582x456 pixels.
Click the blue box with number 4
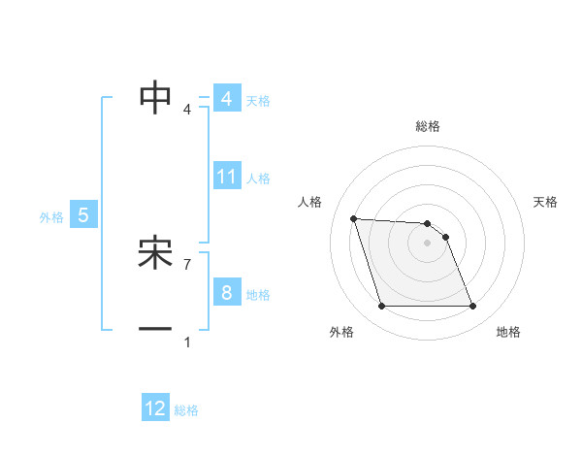[x=226, y=99]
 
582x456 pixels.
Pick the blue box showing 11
[x=227, y=177]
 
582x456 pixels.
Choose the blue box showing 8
[x=226, y=293]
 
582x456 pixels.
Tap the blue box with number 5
[x=83, y=215]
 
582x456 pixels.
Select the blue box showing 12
[x=155, y=408]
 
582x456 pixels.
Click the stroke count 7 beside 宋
[x=187, y=264]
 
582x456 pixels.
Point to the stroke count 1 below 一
[x=187, y=342]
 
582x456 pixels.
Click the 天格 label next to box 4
[x=258, y=100]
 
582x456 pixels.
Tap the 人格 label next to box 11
[x=258, y=179]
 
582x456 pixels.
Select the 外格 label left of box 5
[x=51, y=217]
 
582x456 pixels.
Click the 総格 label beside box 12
[x=186, y=410]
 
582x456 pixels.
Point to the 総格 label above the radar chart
[x=428, y=126]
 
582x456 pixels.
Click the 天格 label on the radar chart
[x=546, y=202]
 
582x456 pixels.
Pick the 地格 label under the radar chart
[x=508, y=333]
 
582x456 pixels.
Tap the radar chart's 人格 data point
[x=353, y=218]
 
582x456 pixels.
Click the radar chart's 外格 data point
[x=381, y=307]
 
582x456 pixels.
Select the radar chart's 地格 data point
[x=472, y=307]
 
